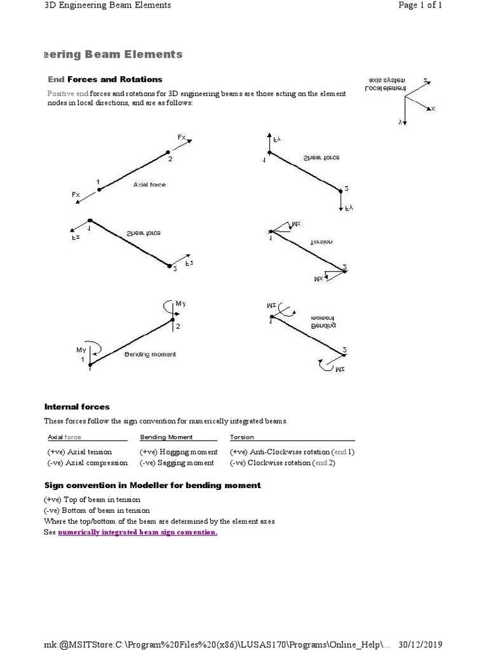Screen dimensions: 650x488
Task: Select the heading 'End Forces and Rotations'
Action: tap(105, 79)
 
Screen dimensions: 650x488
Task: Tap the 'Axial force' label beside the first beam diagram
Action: tap(149, 185)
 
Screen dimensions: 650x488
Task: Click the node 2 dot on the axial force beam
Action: tap(168, 152)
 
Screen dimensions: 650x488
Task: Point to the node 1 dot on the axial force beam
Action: tap(98, 189)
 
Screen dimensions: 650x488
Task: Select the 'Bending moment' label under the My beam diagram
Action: tap(150, 354)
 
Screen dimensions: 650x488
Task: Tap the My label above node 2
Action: tap(180, 304)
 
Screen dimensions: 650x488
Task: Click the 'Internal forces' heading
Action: tap(77, 407)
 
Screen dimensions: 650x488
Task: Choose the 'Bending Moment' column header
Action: tap(166, 437)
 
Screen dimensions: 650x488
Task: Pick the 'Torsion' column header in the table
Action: tap(242, 437)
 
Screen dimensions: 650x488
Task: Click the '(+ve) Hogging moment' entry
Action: tap(179, 452)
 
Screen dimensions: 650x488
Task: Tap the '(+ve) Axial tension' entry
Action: tap(79, 452)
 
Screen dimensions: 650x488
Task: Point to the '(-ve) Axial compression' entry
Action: tap(87, 463)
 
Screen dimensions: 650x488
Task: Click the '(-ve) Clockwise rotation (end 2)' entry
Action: tap(283, 463)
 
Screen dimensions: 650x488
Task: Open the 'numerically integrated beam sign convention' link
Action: tap(138, 532)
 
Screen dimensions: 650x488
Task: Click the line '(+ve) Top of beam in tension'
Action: tap(92, 500)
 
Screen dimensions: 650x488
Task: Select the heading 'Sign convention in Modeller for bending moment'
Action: tap(152, 486)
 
